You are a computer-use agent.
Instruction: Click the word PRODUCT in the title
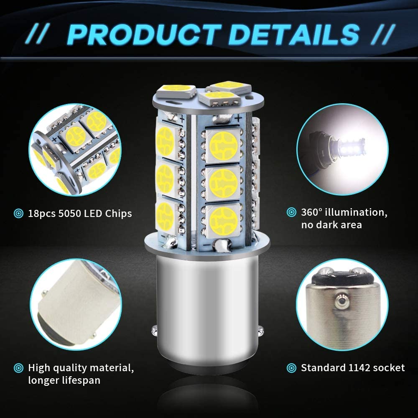[144, 35]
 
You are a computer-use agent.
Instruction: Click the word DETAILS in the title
[294, 35]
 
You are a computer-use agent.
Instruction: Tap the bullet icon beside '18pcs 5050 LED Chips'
[18, 213]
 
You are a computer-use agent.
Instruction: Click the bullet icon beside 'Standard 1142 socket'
[291, 368]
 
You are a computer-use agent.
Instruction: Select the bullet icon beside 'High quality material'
[18, 368]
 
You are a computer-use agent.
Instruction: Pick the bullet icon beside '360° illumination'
[291, 212]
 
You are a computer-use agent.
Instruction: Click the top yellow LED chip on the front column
[223, 146]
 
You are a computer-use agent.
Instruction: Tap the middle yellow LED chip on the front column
[223, 183]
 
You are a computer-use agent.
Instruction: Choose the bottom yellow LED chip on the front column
[223, 220]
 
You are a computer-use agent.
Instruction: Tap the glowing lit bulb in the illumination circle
[349, 146]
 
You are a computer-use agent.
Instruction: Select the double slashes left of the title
[38, 34]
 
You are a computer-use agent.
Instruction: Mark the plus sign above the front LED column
[238, 117]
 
